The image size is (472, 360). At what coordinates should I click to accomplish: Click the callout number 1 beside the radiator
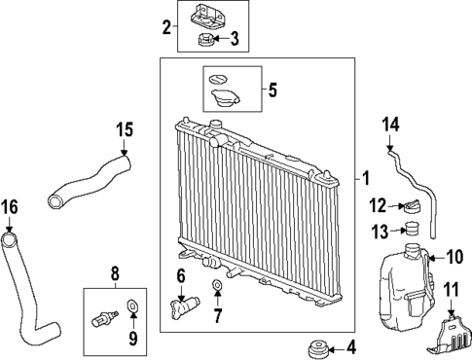[x=366, y=178]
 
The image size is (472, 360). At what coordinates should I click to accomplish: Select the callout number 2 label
[x=167, y=25]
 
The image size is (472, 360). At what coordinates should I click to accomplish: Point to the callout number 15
[x=123, y=128]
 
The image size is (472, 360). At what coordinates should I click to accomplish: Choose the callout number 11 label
[x=451, y=290]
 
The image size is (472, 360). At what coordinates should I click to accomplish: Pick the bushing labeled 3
[x=207, y=41]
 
